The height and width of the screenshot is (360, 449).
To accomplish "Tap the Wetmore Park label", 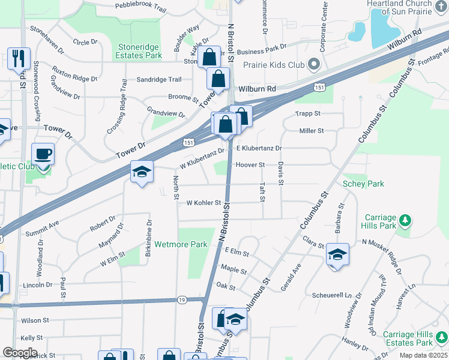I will (x=181, y=244).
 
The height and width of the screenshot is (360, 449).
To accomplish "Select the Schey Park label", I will (x=363, y=184).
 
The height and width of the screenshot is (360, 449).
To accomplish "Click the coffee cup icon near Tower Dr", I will (x=43, y=154).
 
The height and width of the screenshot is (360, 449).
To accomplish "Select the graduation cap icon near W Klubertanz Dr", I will (x=142, y=173).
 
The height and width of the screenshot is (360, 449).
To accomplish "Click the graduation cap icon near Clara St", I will (x=337, y=255).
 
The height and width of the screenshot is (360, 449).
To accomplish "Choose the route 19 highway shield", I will (x=181, y=299).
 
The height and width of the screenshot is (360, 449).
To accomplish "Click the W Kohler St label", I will (x=203, y=203).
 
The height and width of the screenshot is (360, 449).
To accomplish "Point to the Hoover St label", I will (x=250, y=164).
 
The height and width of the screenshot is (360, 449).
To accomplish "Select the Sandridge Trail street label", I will (x=158, y=79).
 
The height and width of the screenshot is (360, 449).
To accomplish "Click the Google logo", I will (x=20, y=352).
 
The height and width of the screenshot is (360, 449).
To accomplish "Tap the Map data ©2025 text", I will (x=423, y=355).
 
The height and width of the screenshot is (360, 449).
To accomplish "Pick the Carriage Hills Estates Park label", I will (x=408, y=338).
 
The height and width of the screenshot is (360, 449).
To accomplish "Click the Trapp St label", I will (x=308, y=113).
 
